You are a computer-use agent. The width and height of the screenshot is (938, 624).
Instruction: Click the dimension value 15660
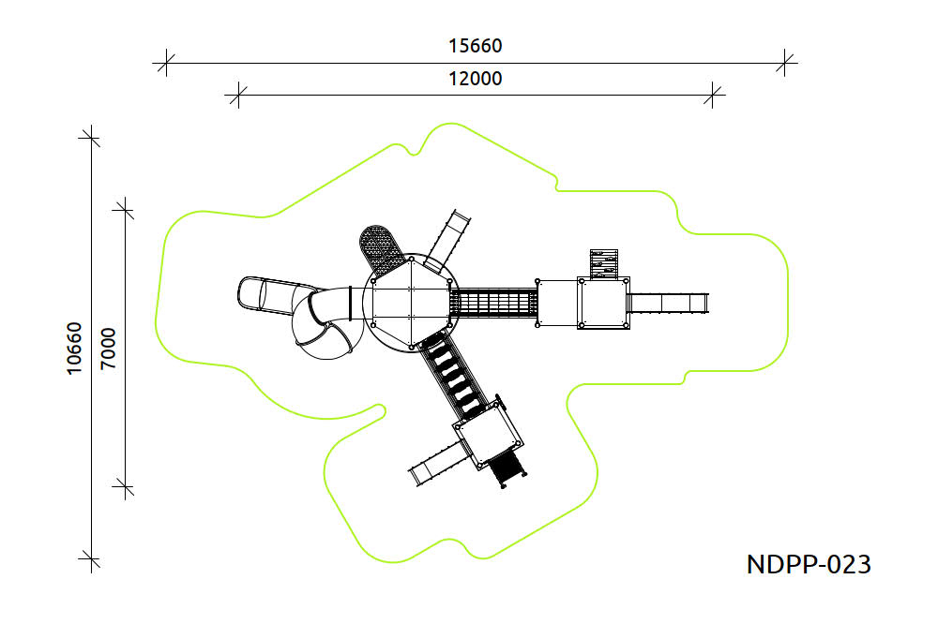[x=475, y=46]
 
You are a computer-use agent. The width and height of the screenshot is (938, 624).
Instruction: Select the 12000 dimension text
[x=475, y=79]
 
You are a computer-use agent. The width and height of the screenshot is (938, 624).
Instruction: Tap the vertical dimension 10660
[x=73, y=349]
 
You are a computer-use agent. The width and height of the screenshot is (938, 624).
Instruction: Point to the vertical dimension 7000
[x=108, y=349]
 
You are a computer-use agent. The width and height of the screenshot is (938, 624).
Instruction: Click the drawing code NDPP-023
[x=809, y=564]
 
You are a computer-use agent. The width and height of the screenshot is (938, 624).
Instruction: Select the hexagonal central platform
[x=412, y=303]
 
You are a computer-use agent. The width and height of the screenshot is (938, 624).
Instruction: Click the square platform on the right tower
[x=603, y=303]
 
